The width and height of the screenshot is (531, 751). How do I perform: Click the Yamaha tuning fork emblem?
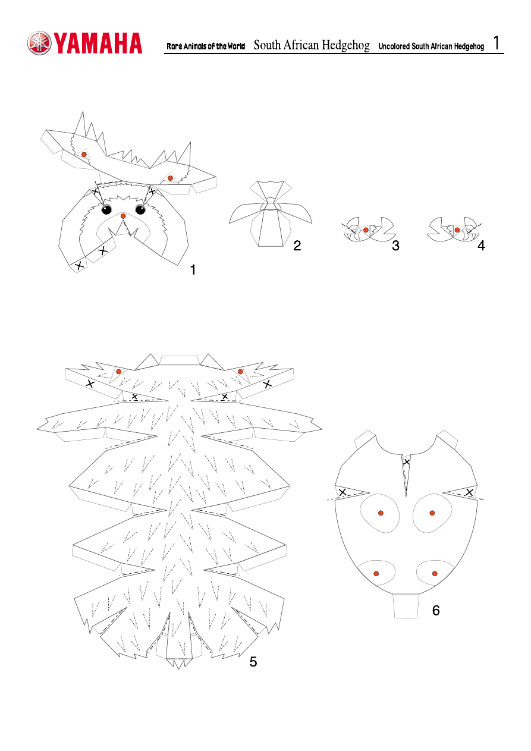pyautogui.click(x=39, y=43)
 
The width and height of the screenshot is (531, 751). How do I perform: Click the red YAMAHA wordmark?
pyautogui.click(x=98, y=43)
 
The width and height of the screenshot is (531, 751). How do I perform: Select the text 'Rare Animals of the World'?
pyautogui.click(x=206, y=46)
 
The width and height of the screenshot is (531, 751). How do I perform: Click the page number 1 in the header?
pyautogui.click(x=497, y=43)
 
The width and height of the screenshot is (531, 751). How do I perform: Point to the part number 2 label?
pyautogui.click(x=297, y=246)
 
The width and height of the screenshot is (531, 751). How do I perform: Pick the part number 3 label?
pyautogui.click(x=395, y=246)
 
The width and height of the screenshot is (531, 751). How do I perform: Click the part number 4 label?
pyautogui.click(x=481, y=246)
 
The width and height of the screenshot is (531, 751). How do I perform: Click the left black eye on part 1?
pyautogui.click(x=106, y=209)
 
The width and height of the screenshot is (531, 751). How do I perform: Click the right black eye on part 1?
pyautogui.click(x=140, y=209)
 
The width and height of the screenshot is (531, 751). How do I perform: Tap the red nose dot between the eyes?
pyautogui.click(x=123, y=216)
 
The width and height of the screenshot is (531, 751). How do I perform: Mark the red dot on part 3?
pyautogui.click(x=366, y=230)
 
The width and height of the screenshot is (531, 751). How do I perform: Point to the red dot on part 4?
pyautogui.click(x=457, y=230)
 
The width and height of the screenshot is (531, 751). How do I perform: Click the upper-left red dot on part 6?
pyautogui.click(x=381, y=513)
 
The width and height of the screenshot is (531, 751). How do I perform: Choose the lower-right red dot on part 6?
pyautogui.click(x=435, y=574)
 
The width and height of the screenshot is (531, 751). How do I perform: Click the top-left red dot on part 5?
pyautogui.click(x=118, y=372)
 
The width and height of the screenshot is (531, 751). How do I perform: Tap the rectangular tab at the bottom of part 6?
pyautogui.click(x=406, y=606)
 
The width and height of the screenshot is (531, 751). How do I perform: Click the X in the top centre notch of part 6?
pyautogui.click(x=407, y=462)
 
